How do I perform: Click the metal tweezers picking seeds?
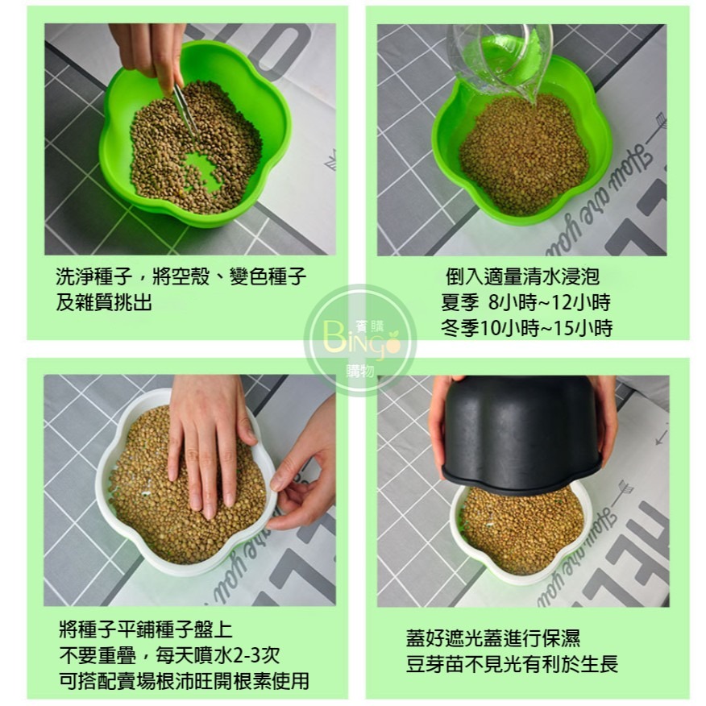(184, 113)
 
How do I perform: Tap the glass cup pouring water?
(500, 56)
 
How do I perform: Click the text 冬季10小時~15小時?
(526, 328)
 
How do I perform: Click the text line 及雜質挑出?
(103, 302)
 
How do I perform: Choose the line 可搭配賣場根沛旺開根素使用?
(184, 681)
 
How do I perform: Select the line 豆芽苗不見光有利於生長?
(512, 666)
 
